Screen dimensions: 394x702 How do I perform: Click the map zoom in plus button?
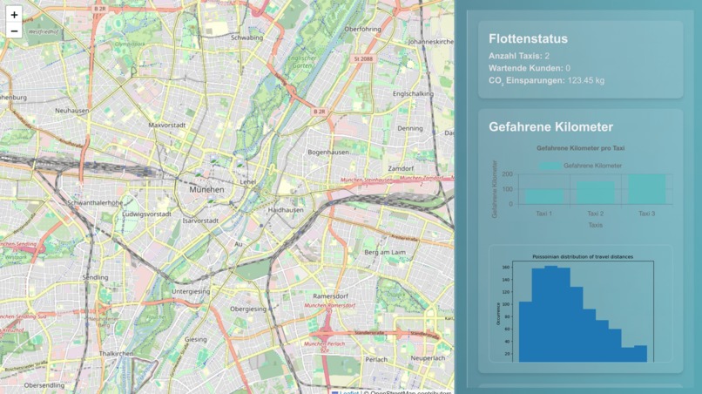tap(14, 15)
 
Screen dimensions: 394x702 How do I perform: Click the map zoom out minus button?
tap(14, 31)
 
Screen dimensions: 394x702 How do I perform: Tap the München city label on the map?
tap(206, 189)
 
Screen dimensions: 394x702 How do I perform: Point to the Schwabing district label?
tap(246, 37)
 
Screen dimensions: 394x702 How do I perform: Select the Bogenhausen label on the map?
tap(327, 152)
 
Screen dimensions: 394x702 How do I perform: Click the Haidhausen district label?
tap(286, 210)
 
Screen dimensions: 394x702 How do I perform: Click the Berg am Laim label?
tap(385, 252)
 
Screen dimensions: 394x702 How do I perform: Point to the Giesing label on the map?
tap(196, 339)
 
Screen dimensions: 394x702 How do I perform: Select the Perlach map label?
tap(376, 359)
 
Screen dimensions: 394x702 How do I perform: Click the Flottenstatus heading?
tap(528, 39)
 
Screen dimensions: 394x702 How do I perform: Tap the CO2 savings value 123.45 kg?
tap(586, 80)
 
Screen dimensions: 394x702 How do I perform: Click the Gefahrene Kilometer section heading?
tap(550, 127)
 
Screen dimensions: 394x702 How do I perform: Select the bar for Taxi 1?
tap(543, 196)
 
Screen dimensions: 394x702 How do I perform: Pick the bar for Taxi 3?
tap(646, 189)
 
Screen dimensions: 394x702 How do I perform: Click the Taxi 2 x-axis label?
tap(595, 214)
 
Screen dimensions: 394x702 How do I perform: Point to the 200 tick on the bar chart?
tap(507, 175)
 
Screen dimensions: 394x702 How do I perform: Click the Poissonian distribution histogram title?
tap(583, 256)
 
